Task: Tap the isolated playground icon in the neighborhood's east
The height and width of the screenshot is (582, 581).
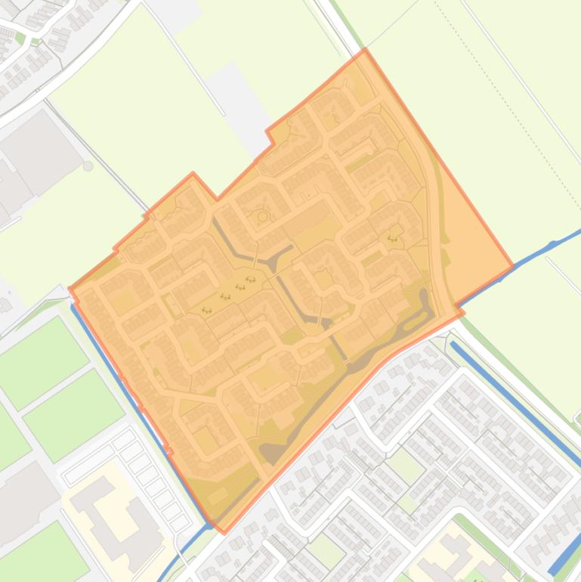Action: [x=392, y=239]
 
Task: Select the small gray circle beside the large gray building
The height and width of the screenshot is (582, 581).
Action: [x=88, y=166]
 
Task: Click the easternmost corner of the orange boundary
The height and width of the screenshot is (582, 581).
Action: [x=513, y=267]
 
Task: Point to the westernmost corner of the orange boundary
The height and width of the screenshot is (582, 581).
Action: [x=70, y=287]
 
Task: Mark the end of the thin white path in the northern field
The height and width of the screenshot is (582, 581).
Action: [x=224, y=115]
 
